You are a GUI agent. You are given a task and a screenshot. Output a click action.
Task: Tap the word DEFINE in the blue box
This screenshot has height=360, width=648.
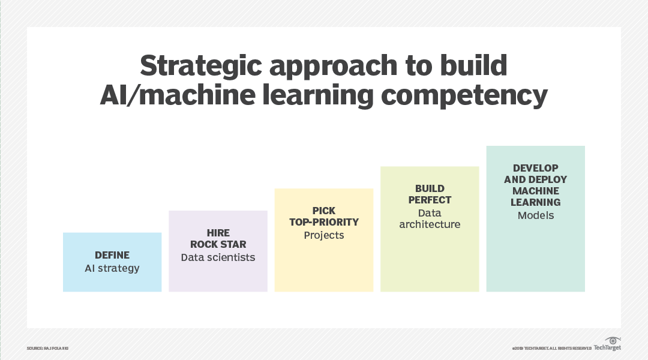(112, 255)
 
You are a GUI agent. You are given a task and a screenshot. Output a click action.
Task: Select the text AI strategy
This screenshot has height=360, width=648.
(112, 268)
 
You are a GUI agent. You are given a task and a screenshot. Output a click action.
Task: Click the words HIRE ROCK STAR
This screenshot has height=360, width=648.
(218, 239)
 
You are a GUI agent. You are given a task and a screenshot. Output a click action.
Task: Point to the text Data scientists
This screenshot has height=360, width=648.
(218, 257)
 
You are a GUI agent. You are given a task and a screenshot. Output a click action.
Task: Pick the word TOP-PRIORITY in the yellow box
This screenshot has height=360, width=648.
(324, 222)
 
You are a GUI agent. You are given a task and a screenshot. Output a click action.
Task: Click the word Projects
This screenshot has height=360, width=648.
(324, 235)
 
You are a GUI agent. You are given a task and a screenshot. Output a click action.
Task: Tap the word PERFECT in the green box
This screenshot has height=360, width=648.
(430, 200)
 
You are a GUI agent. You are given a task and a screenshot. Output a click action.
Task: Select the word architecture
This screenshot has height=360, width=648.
(430, 224)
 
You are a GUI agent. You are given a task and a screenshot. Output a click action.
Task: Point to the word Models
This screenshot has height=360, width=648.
(536, 215)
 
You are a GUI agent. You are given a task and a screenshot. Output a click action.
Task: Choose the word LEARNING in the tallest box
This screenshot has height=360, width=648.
(536, 202)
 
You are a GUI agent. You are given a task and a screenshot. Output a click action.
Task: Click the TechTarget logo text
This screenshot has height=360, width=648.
(607, 347)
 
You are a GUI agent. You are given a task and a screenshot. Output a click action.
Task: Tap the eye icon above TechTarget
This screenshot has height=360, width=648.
(613, 340)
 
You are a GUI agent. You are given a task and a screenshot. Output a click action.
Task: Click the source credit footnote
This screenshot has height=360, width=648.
(47, 349)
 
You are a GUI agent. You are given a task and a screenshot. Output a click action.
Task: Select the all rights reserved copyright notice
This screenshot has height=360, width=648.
(551, 349)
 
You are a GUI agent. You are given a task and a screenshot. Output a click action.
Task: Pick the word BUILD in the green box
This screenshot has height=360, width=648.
(430, 188)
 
